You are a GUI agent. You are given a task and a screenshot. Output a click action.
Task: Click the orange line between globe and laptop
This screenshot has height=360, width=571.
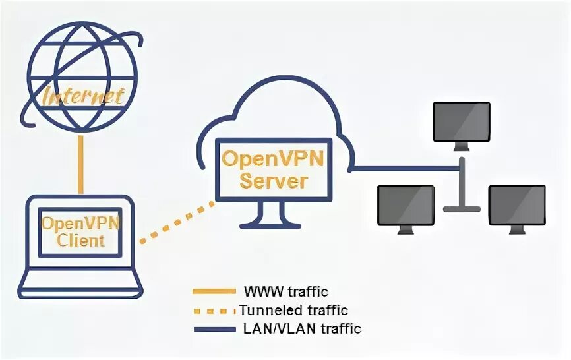point(80,165)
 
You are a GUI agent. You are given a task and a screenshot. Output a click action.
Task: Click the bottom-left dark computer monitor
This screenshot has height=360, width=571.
point(406,208)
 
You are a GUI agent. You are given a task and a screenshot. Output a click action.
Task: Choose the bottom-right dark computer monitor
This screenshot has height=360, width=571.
point(517,208)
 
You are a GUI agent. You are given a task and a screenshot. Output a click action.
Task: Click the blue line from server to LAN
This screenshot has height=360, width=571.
point(402,170)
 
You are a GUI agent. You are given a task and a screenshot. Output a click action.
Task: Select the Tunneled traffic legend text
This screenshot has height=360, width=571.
point(293,309)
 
